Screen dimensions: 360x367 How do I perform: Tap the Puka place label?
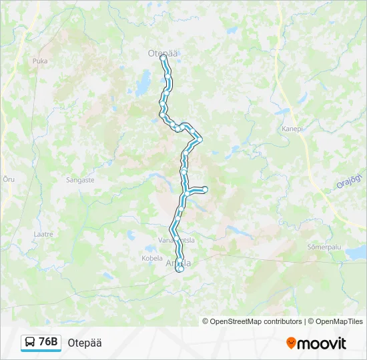pyautogui.click(x=40, y=61)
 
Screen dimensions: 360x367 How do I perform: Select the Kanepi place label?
pyautogui.click(x=292, y=129)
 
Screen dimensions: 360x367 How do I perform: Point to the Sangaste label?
pyautogui.click(x=80, y=179)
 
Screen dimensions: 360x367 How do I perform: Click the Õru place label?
pyautogui.click(x=9, y=179)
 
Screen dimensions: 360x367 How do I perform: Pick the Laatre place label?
pyautogui.click(x=43, y=234)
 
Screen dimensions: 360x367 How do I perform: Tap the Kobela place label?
pyautogui.click(x=152, y=258)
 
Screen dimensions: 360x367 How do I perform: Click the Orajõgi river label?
pyautogui.click(x=348, y=181)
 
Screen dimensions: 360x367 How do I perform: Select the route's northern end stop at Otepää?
pyautogui.click(x=163, y=58)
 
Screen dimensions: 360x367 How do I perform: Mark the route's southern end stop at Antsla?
pyautogui.click(x=179, y=269)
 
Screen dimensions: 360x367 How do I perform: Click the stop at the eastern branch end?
pyautogui.click(x=205, y=189)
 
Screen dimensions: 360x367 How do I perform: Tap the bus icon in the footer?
pyautogui.click(x=30, y=343)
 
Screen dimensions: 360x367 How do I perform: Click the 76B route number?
pyautogui.click(x=49, y=343)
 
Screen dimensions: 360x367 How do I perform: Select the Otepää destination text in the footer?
pyautogui.click(x=85, y=343)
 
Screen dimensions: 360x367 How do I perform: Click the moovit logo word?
pyautogui.click(x=322, y=343)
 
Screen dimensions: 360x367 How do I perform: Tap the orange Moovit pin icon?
pyautogui.click(x=292, y=343)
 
